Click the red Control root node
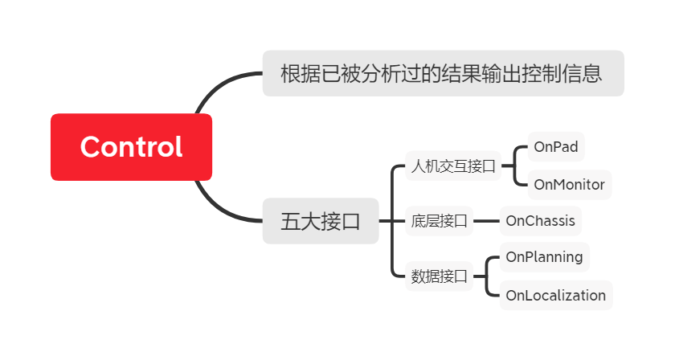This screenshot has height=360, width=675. (x=131, y=147)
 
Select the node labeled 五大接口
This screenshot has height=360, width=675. (x=320, y=221)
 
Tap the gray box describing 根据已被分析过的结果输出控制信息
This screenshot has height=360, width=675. (x=443, y=74)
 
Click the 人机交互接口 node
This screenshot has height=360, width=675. (x=452, y=167)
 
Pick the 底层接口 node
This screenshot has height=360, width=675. (x=439, y=221)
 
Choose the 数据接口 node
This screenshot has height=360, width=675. (x=439, y=276)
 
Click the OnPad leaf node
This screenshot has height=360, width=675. (x=555, y=147)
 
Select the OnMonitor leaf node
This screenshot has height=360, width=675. (x=569, y=185)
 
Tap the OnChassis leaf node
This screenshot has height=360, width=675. (x=540, y=220)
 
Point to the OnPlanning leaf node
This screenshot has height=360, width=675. (x=544, y=257)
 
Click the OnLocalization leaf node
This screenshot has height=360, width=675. (x=555, y=295)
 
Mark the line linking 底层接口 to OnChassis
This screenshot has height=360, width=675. (x=486, y=221)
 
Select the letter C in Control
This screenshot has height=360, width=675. (x=92, y=147)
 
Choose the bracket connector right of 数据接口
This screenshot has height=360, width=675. (x=486, y=276)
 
